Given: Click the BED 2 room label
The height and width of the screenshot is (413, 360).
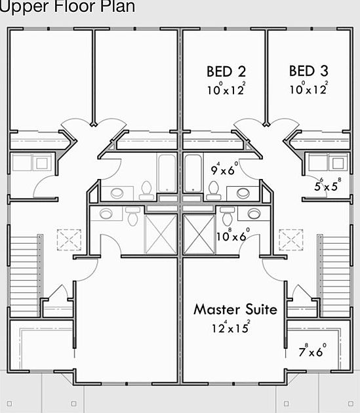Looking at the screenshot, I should tap(226, 71).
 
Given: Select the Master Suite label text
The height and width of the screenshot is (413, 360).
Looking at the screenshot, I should tap(235, 309).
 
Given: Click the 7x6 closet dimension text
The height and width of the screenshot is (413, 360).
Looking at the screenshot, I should tap(313, 352).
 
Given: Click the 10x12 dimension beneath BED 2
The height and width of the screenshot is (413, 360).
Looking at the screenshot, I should tap(226, 90).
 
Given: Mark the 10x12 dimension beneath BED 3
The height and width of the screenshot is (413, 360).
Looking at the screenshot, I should tap(308, 90).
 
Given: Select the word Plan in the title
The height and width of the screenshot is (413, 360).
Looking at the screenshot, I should tap(119, 7).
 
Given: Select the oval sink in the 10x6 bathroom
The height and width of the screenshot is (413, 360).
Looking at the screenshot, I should tap(254, 214).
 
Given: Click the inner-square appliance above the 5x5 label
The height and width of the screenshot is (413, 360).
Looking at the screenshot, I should tap(339, 162).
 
